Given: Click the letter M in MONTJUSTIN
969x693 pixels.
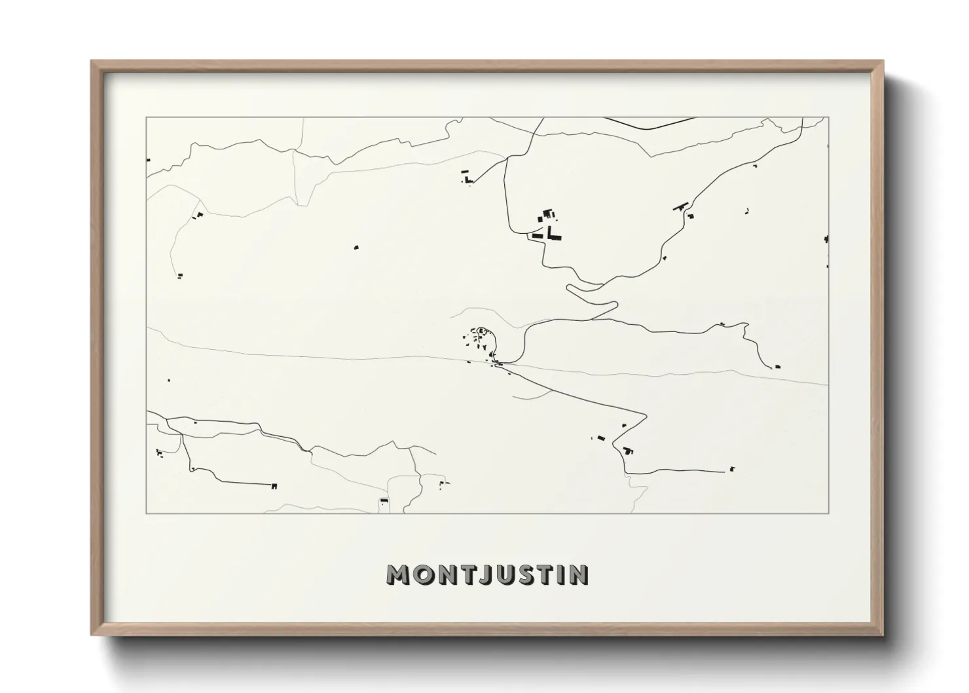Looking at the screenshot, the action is coord(400,574).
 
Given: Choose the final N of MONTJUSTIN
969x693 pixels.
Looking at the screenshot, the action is coord(579,574).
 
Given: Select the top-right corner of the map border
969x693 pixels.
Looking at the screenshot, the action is coord(828,117).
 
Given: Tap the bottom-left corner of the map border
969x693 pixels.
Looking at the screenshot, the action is coord(147,514).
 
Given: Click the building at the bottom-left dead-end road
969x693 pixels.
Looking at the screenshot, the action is coord(274,485).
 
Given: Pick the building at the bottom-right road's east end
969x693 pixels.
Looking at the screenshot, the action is coord(732,468).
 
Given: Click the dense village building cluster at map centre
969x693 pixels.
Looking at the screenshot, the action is coord(481,341).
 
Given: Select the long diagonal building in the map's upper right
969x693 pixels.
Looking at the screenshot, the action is coord(680,206).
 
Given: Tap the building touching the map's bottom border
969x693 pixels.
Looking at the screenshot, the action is coord(384,502).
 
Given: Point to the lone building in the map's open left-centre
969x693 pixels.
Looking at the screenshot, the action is coord(356,247).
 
